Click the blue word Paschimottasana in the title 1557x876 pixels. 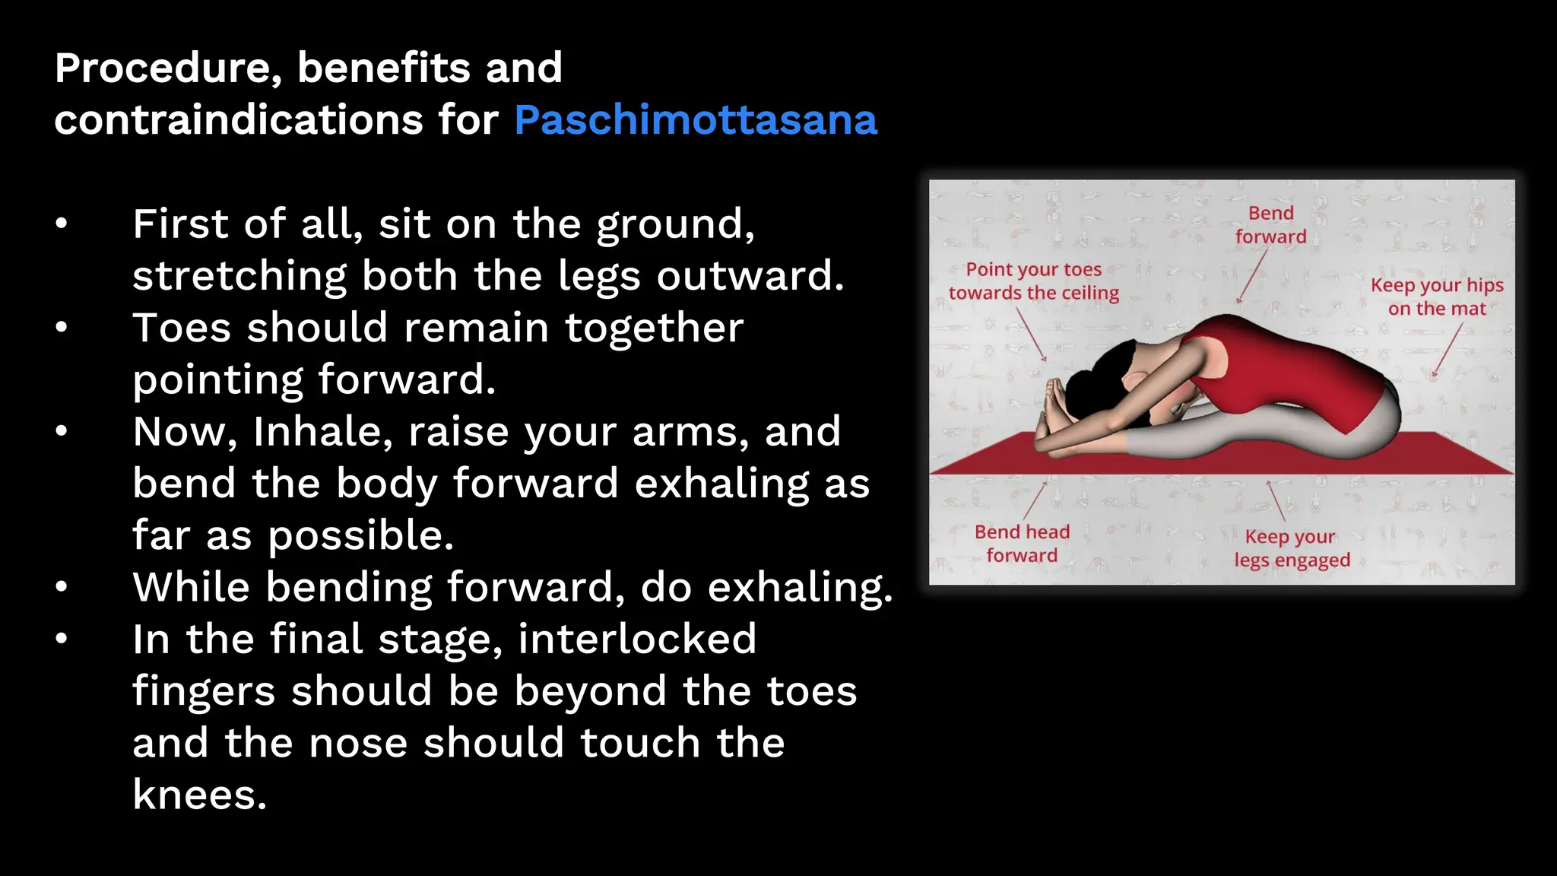[695, 120]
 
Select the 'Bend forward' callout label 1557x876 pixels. [1270, 225]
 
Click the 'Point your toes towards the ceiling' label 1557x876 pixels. [1034, 281]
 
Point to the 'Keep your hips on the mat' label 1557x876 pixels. [1437, 297]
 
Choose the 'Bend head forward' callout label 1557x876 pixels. [1022, 544]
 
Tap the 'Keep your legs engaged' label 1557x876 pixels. [1292, 548]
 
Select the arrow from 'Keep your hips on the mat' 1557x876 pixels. [1448, 350]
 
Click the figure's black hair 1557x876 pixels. [1095, 380]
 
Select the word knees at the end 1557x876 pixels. [199, 795]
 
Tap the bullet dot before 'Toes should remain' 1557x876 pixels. [62, 328]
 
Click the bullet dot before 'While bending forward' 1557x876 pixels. [62, 587]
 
